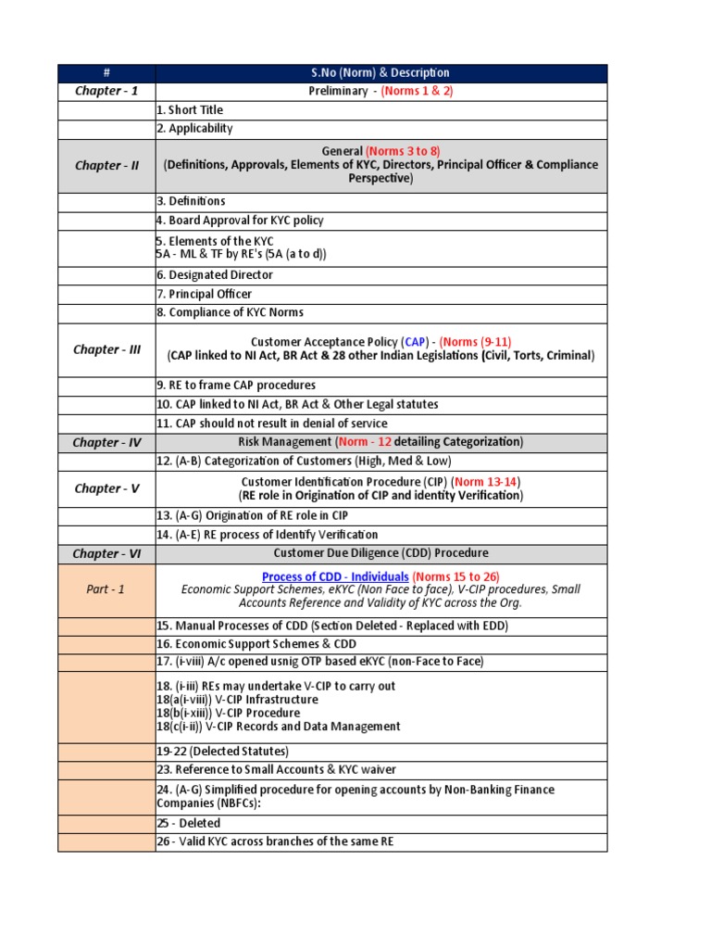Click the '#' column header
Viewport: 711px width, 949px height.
[x=106, y=73]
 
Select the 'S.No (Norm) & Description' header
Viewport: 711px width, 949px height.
[x=380, y=73]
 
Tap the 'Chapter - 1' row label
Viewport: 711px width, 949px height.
[x=106, y=91]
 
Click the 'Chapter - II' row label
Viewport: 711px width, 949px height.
[x=106, y=166]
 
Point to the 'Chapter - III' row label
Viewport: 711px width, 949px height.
[x=106, y=349]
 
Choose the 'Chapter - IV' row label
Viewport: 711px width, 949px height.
[x=106, y=442]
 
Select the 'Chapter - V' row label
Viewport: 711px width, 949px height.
[x=106, y=488]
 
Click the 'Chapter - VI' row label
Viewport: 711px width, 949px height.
[x=106, y=553]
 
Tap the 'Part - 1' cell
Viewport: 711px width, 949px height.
[x=106, y=589]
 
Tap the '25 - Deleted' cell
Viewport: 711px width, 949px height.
[x=189, y=823]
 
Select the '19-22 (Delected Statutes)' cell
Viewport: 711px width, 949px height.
[x=222, y=752]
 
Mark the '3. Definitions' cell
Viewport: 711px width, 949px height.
[x=191, y=201]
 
